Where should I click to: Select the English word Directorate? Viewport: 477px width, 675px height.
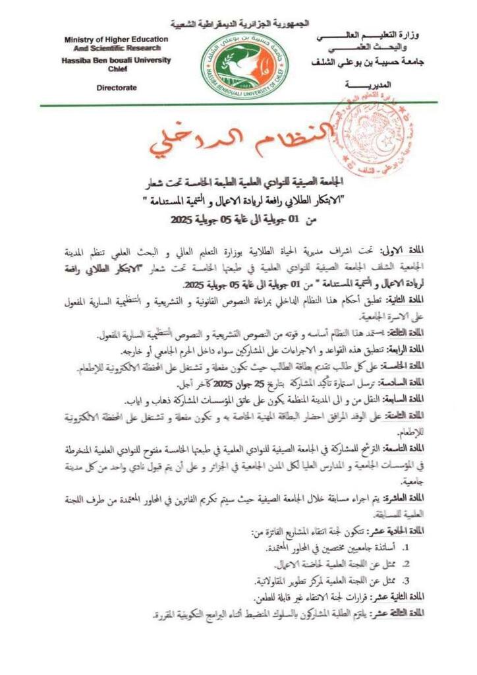pos(117,86)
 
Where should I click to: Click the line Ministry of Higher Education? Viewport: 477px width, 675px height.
pos(116,40)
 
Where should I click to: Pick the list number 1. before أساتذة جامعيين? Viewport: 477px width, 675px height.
pos(406,547)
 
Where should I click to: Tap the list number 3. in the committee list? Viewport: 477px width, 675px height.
pos(406,581)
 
